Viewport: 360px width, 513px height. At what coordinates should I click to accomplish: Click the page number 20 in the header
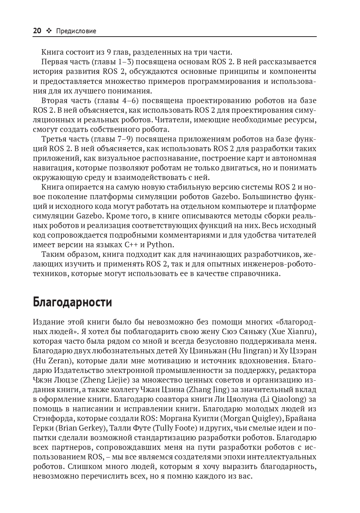pyautogui.click(x=37, y=31)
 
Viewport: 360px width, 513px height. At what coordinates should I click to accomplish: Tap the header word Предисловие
pyautogui.click(x=76, y=31)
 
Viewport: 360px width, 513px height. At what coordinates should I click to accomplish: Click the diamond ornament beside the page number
pyautogui.click(x=49, y=31)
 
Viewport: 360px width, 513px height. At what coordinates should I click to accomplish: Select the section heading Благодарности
pyautogui.click(x=72, y=302)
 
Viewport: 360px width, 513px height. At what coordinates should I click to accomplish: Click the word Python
pyautogui.click(x=160, y=245)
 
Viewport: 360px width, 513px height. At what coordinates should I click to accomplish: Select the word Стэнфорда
pyautogui.click(x=50, y=418)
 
